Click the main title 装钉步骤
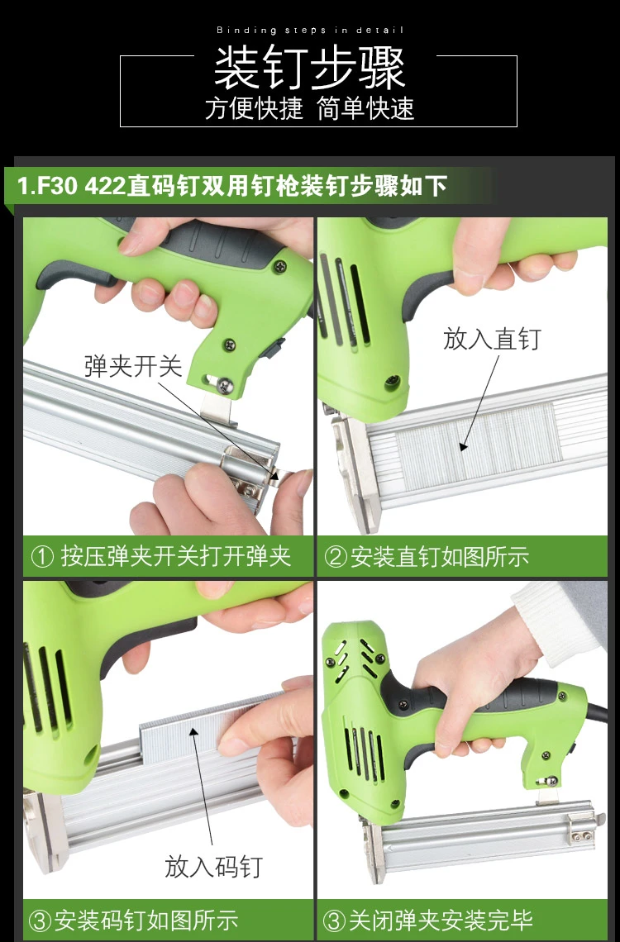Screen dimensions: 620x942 coord(310,68)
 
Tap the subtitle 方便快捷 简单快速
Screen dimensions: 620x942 coord(310,109)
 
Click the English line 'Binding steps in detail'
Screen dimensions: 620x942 coord(310,30)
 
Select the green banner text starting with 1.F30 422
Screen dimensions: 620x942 coord(232,186)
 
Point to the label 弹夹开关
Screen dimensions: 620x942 coord(133,366)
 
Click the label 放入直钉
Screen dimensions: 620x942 coord(492,339)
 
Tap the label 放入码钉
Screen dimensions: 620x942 coord(214,867)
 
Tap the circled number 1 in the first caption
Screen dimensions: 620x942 coord(42,557)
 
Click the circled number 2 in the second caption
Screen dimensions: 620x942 coord(336,557)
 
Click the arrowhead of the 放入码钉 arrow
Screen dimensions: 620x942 coord(193,731)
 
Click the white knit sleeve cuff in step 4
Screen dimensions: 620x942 coord(559,620)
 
